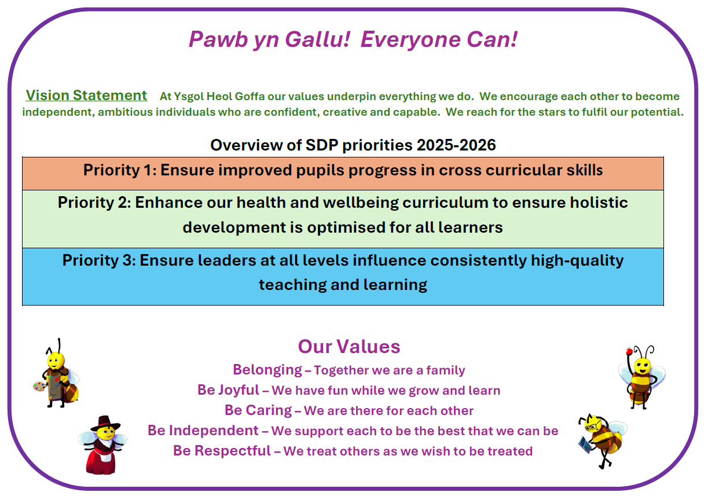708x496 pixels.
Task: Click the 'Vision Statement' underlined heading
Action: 86,95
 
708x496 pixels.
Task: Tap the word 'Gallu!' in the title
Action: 318,39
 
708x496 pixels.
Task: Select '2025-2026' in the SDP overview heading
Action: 456,145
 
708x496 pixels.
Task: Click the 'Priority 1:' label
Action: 120,170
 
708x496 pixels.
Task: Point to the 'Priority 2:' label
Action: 94,203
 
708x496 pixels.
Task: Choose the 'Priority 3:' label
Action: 99,260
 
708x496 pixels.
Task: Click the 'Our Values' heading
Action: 349,346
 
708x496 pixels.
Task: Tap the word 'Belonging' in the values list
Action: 267,370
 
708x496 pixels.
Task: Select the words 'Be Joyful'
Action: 228,390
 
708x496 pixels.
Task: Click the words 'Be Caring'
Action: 258,410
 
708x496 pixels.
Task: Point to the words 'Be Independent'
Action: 203,430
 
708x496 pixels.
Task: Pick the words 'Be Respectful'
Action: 222,450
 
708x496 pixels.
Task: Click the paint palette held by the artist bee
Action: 39,387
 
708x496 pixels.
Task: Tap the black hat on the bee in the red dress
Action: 105,423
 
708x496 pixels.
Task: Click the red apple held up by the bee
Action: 629,351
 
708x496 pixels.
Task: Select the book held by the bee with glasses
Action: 584,444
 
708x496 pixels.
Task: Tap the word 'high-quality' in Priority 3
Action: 577,261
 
